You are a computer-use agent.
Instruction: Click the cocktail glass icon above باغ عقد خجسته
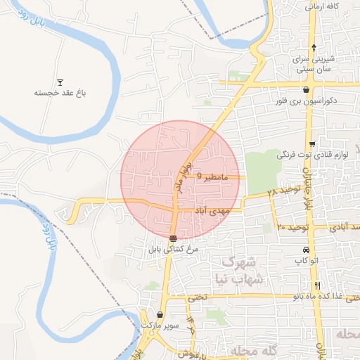pos(60,82)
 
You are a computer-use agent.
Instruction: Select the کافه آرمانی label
pos(323,6)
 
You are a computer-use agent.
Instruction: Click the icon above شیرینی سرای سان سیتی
pos(314,46)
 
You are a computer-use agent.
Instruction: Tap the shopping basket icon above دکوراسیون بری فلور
pos(307,90)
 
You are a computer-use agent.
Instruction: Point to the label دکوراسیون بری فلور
pos(308,101)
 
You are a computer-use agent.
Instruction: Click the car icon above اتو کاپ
pos(305,250)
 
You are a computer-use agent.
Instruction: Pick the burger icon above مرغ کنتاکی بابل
pos(174,238)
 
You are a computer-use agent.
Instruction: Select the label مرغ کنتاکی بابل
pos(174,248)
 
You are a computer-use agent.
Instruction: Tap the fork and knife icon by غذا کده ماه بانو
pos(318,285)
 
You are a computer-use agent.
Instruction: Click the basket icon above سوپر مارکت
pos(161,315)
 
